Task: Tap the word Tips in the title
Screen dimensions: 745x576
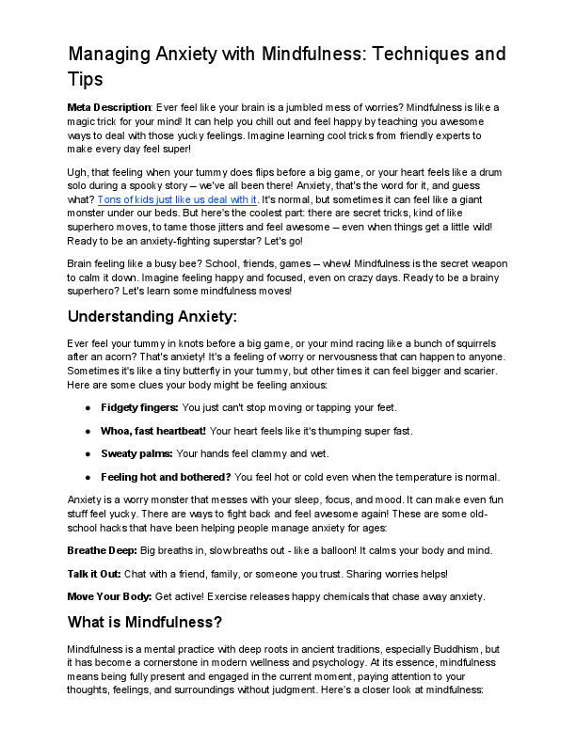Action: (x=86, y=79)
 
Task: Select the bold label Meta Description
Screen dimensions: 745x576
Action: (x=109, y=107)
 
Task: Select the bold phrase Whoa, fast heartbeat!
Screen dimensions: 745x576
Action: (x=152, y=430)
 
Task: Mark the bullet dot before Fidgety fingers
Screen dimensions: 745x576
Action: (x=88, y=406)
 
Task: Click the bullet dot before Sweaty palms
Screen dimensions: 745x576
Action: (x=88, y=453)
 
